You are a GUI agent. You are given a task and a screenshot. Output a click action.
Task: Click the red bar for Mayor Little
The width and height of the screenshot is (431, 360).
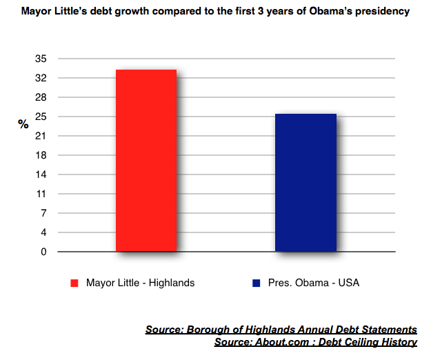pos(146,161)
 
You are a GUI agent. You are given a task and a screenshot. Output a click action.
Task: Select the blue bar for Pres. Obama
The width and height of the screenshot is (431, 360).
pos(306,183)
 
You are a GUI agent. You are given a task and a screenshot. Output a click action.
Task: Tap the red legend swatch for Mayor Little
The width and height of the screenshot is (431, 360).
pos(74,283)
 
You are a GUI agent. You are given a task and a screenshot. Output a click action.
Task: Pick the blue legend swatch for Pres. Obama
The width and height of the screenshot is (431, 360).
pos(257,283)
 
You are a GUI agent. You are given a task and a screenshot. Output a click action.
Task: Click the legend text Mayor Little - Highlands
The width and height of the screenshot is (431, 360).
pos(140,283)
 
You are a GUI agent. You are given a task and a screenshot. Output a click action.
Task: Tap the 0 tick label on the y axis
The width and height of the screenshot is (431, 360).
pos(43,252)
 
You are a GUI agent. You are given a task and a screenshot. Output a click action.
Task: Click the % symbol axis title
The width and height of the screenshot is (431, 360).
pos(23,125)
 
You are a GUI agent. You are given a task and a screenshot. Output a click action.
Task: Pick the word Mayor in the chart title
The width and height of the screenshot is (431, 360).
pos(37,12)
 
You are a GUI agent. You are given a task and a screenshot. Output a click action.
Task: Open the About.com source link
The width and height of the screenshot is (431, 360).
pos(315,342)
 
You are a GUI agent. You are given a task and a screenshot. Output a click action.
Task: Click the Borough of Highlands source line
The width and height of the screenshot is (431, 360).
pos(281,330)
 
